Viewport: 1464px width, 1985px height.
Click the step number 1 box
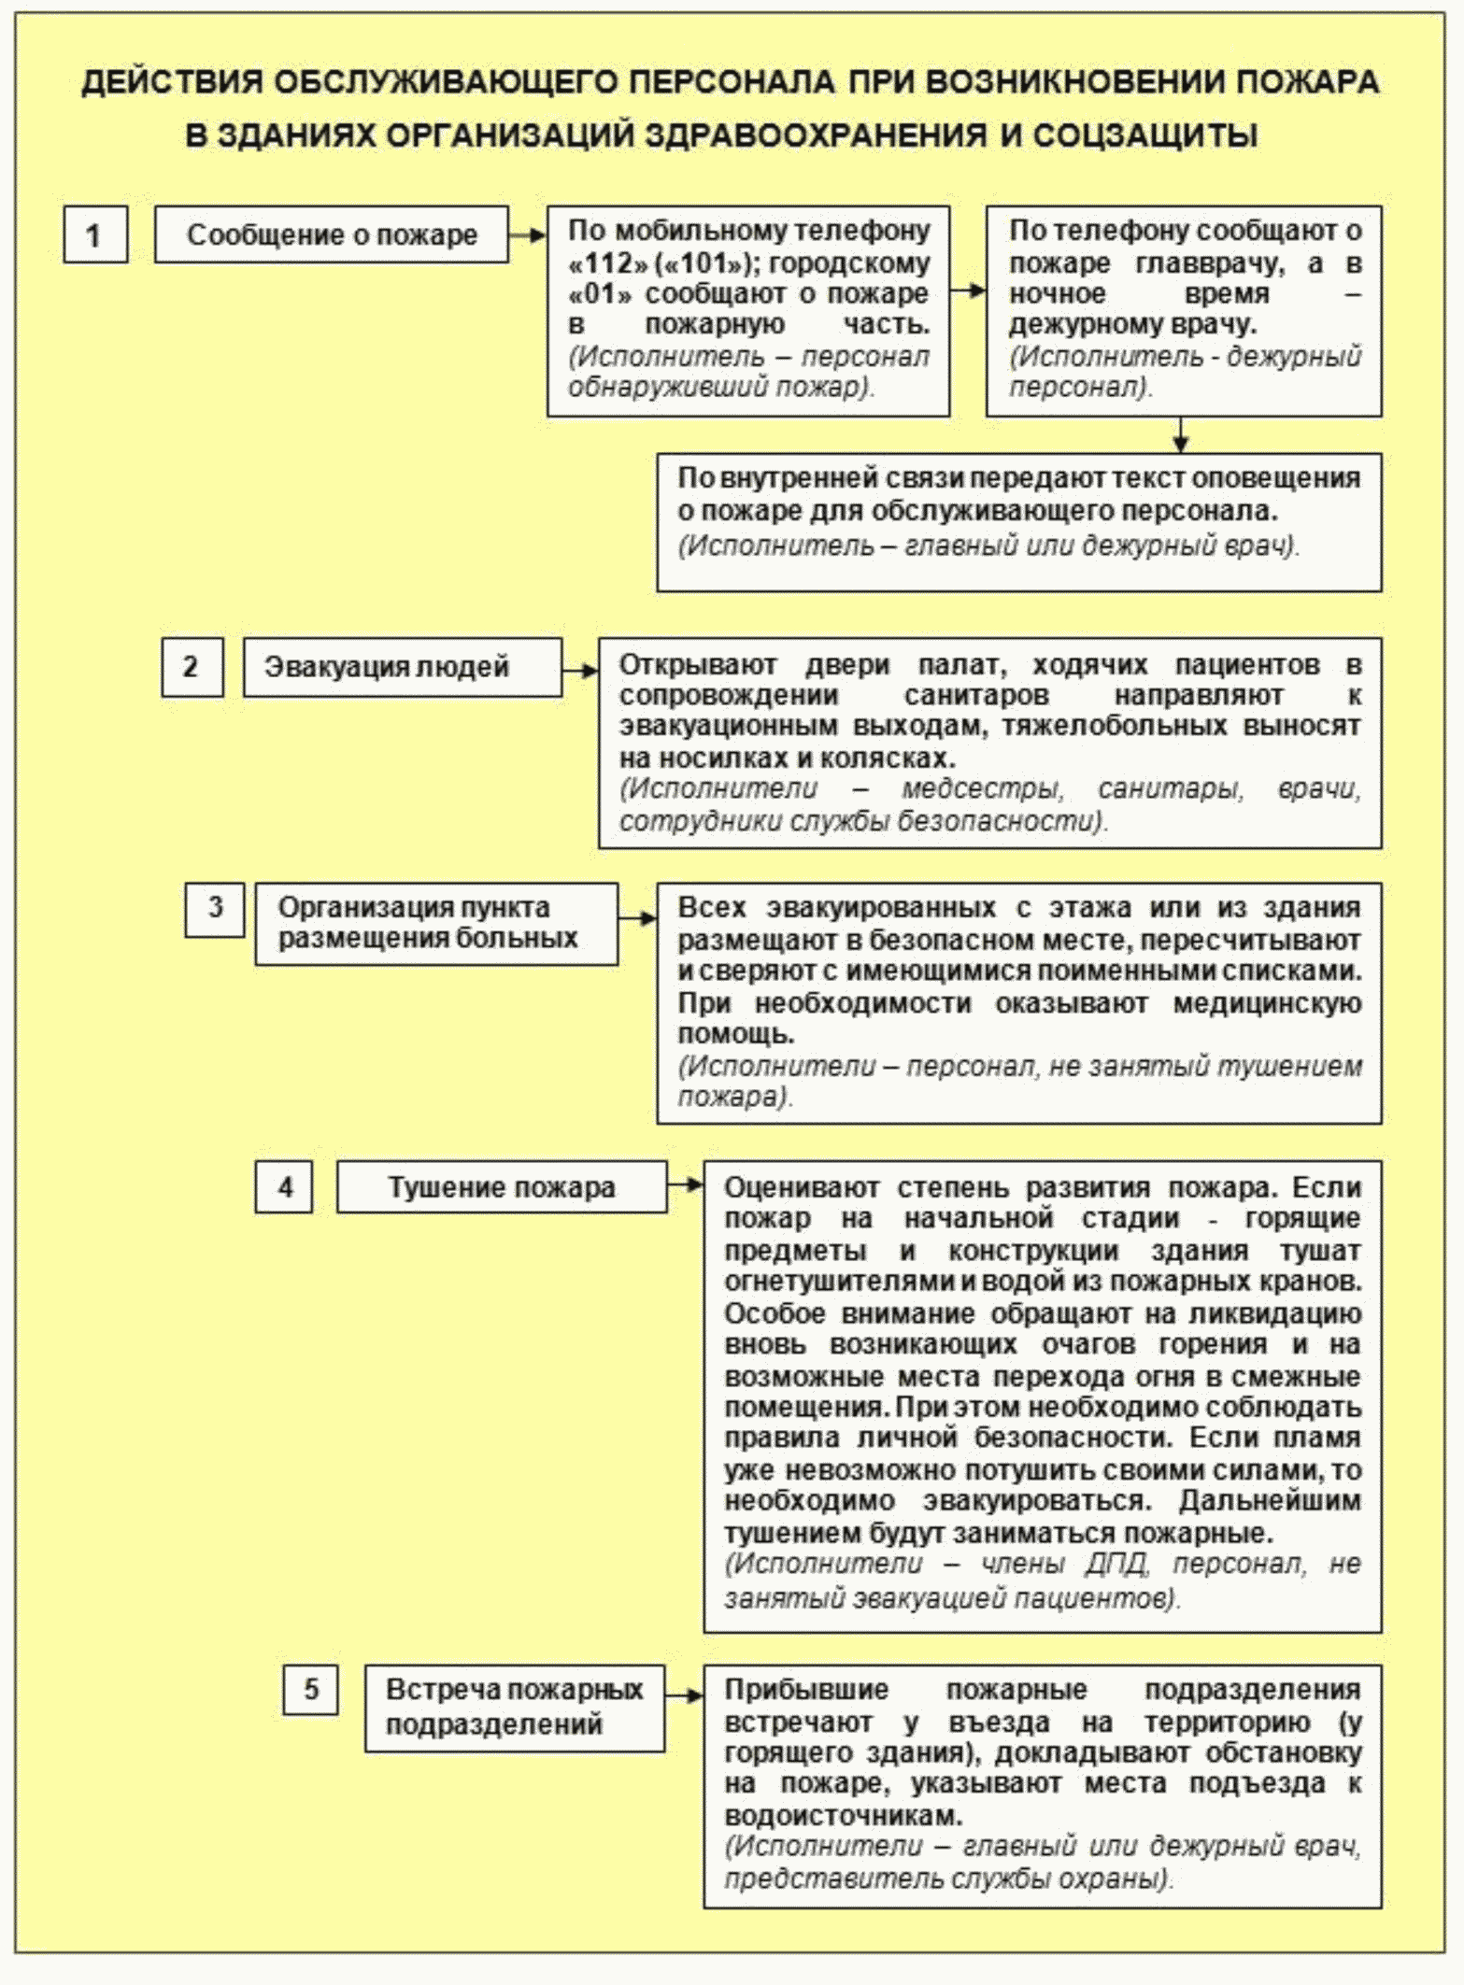[95, 234]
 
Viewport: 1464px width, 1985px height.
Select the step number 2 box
[192, 667]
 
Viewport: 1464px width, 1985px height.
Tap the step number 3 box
[215, 908]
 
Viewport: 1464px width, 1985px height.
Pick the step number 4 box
[284, 1187]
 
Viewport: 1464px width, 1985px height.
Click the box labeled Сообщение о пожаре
[332, 234]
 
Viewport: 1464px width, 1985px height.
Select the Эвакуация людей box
[403, 667]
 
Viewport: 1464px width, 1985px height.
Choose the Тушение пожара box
[502, 1187]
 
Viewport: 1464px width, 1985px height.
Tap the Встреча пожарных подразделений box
[514, 1707]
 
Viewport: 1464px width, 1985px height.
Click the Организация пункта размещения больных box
[436, 923]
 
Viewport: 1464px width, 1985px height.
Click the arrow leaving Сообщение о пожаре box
[528, 235]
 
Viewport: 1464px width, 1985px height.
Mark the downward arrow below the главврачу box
[1181, 435]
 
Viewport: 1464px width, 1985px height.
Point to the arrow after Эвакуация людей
[580, 670]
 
